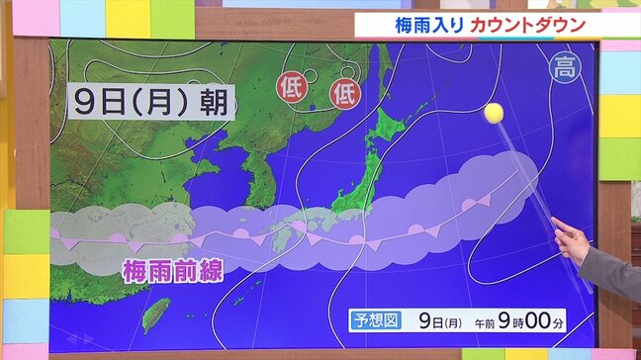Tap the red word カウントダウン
pos(527,23)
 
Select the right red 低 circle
pos(345,94)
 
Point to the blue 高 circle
pos(565,67)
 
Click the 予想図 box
pos(377,320)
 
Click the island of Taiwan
pos(156,314)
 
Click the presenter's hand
pos(570,237)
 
